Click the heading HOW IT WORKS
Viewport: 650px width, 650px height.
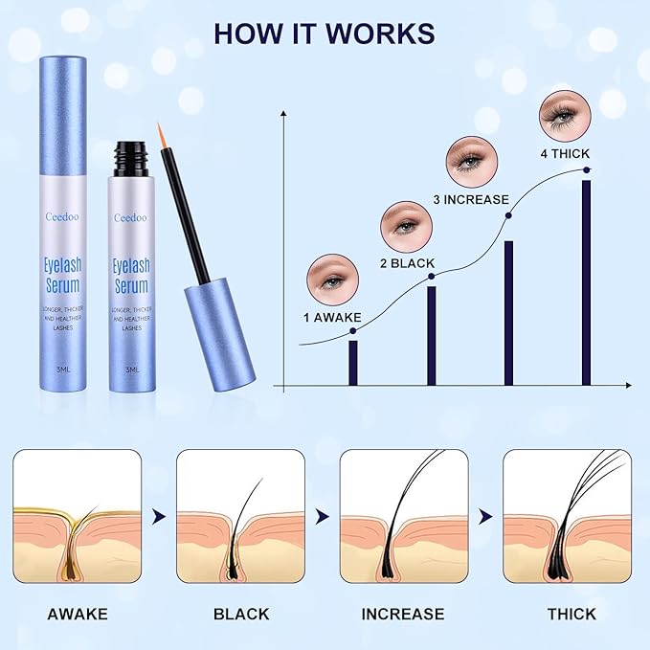[324, 33]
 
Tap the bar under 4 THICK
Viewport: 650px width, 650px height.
[586, 282]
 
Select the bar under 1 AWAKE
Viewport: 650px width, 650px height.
[353, 362]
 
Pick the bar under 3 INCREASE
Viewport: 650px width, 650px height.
[508, 312]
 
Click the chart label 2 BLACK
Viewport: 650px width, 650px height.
[407, 262]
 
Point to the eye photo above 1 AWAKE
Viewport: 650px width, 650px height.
[331, 277]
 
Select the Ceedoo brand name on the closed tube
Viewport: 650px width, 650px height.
[60, 217]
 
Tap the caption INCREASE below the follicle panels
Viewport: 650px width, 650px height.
[403, 614]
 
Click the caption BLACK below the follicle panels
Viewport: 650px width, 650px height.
[241, 614]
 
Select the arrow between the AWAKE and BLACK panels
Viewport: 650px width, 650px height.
[159, 516]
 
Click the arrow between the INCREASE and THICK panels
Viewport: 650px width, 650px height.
[485, 516]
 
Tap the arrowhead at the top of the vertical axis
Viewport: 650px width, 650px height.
[284, 116]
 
